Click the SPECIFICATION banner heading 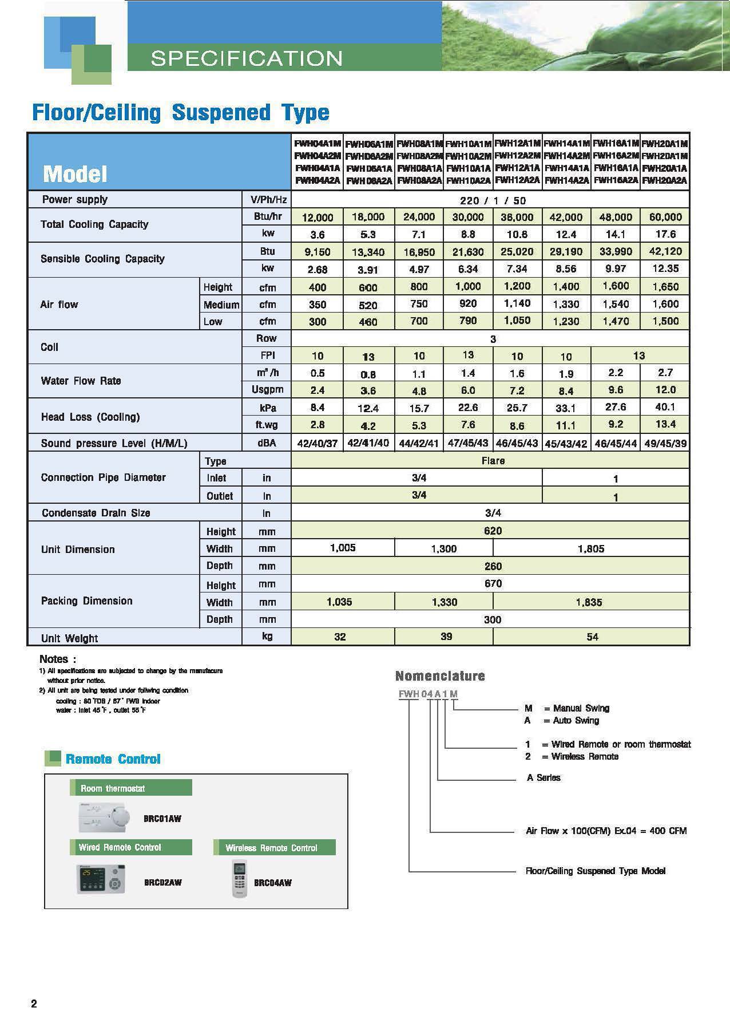(x=246, y=58)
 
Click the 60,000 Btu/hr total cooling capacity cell (x=665, y=217)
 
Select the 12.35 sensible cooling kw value (x=665, y=268)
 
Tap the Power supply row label (x=74, y=199)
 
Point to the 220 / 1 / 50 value (x=493, y=200)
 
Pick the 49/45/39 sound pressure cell (x=665, y=443)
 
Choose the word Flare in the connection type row (x=493, y=461)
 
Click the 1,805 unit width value (x=590, y=548)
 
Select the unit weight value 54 (x=592, y=637)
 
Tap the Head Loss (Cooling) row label (x=90, y=417)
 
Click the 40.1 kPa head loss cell (x=665, y=407)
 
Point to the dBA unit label (x=267, y=443)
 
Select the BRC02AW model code (x=162, y=882)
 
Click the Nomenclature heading (x=439, y=676)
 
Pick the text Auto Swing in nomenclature (x=576, y=720)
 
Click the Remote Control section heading (x=113, y=759)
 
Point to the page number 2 (x=34, y=1004)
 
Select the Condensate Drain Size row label (x=96, y=513)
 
